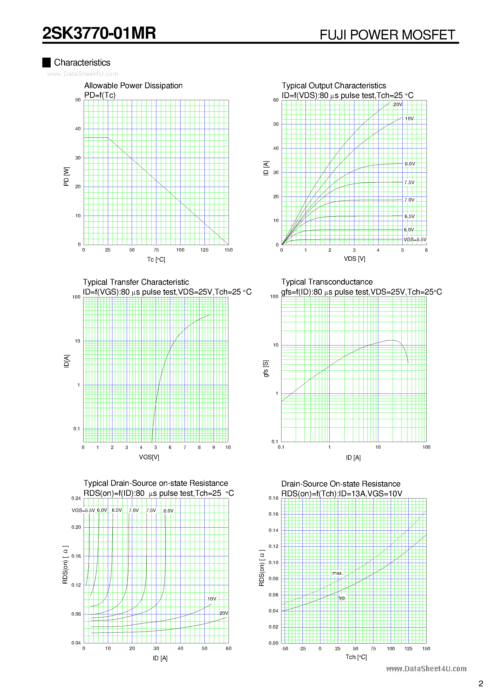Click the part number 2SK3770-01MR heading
tap(99, 33)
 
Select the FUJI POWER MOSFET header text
tap(387, 35)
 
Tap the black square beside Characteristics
tap(46, 62)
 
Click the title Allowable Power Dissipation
tap(133, 86)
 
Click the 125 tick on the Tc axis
tap(204, 250)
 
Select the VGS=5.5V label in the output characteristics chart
tap(415, 240)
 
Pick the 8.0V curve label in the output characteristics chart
tap(410, 164)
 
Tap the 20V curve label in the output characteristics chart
tap(398, 105)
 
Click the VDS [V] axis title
tap(354, 259)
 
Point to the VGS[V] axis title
tap(149, 457)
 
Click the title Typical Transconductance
tap(327, 282)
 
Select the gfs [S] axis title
tap(266, 369)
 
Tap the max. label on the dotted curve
tap(337, 573)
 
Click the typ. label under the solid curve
tap(342, 598)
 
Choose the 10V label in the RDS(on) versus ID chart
tap(212, 599)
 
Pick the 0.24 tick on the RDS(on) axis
tap(76, 498)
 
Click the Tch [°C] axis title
tap(356, 657)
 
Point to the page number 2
tap(481, 683)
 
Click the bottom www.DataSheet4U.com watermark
tap(426, 669)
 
